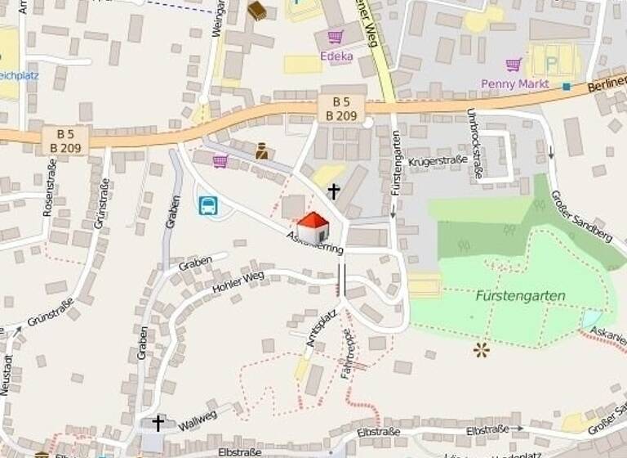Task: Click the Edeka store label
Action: [336, 56]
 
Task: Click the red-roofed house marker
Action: [313, 227]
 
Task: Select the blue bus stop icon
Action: [208, 205]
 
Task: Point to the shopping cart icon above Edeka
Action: [335, 37]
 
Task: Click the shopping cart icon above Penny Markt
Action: [513, 64]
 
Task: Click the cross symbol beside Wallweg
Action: [158, 422]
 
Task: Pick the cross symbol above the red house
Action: [333, 191]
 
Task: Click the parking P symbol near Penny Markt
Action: [552, 63]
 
